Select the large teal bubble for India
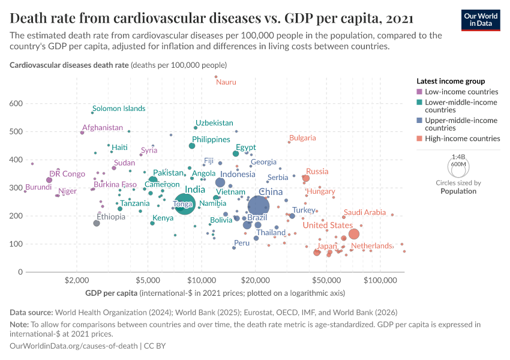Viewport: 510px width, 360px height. tap(185, 205)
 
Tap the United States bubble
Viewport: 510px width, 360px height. tap(354, 234)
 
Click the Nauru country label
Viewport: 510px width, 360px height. tap(226, 82)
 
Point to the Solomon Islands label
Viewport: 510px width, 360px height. tap(119, 109)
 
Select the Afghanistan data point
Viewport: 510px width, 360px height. tap(82, 132)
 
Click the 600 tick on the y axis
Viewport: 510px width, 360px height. tap(16, 104)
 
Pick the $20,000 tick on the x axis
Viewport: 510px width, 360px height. tap(256, 280)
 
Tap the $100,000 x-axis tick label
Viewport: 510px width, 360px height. tap(380, 280)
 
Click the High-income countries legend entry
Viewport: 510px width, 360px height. tap(462, 139)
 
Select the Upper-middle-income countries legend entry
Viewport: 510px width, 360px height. tap(461, 124)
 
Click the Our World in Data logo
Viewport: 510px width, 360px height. tap(481, 19)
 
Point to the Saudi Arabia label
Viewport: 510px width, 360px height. tap(364, 212)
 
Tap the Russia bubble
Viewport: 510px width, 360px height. tap(306, 178)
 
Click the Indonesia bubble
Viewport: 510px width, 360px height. tap(220, 182)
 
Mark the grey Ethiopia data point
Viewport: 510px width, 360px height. tap(97, 223)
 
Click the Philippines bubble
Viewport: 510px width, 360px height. tap(192, 146)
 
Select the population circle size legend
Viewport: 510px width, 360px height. tap(459, 164)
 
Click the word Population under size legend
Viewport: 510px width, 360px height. tap(458, 191)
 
